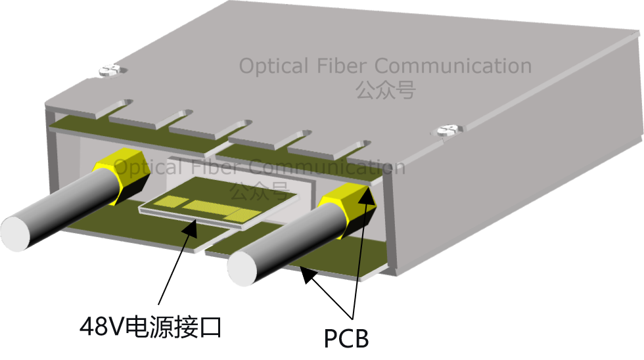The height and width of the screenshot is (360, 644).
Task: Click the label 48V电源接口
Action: (150, 326)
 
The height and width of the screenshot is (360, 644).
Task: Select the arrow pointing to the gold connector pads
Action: (187, 237)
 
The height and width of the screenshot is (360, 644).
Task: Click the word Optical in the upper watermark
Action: (273, 66)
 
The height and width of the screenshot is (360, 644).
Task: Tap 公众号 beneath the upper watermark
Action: (386, 89)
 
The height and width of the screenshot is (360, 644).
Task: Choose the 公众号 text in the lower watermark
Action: (259, 191)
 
